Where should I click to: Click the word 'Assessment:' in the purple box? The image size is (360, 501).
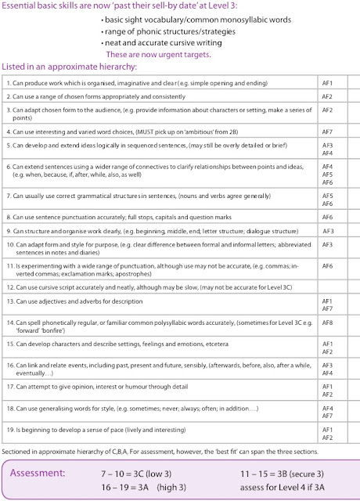[x=48, y=473]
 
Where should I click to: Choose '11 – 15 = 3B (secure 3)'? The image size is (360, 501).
[x=283, y=473]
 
